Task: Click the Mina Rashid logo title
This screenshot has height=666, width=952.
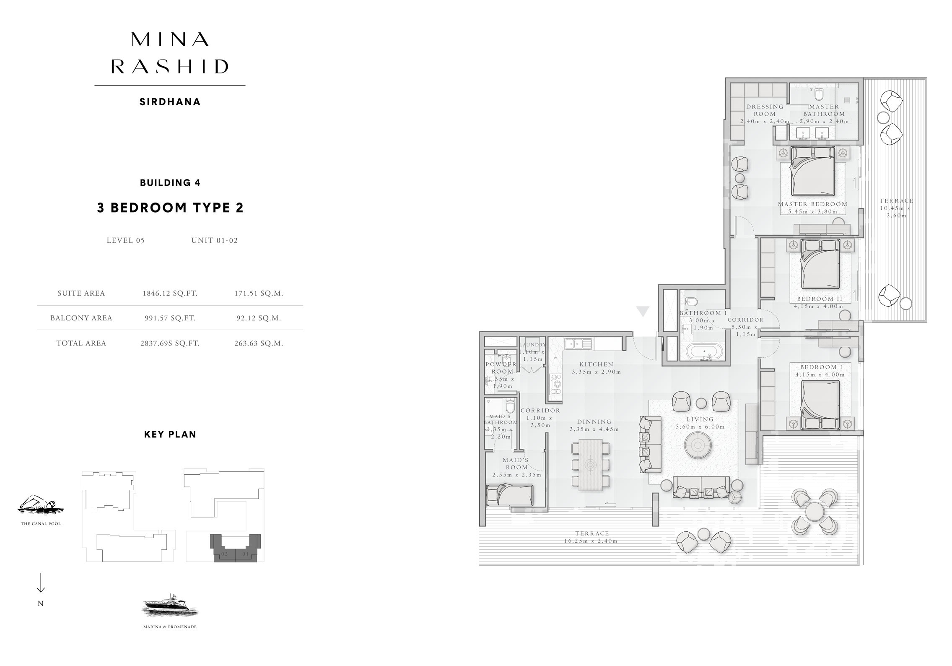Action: [170, 53]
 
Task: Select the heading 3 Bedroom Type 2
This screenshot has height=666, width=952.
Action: [170, 208]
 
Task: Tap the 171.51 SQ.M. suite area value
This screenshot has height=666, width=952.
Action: [259, 294]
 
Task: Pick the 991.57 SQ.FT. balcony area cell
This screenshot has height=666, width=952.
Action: [170, 318]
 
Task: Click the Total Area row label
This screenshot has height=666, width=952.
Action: [81, 343]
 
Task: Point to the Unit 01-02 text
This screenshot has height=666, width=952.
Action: [214, 241]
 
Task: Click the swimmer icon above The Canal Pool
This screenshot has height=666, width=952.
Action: [40, 505]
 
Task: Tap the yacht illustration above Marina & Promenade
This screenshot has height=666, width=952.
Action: [170, 606]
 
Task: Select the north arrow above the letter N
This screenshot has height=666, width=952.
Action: [41, 583]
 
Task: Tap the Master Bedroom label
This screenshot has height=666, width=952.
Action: [812, 204]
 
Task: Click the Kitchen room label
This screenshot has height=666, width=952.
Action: [596, 365]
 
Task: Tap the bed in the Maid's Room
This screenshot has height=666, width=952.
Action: [509, 496]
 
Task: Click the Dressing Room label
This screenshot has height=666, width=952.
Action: [765, 110]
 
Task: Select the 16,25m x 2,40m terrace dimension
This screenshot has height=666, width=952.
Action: [591, 541]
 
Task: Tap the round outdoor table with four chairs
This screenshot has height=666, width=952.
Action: [815, 512]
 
